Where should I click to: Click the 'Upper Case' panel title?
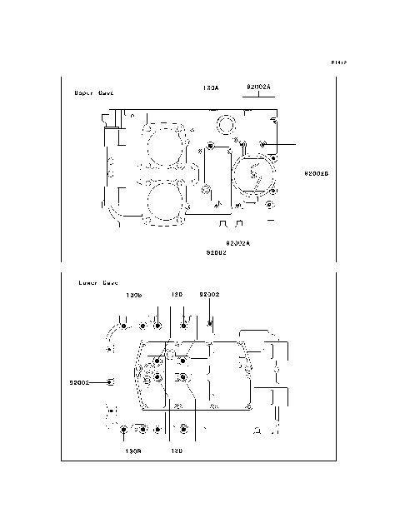click(94, 93)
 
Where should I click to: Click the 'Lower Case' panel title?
click(98, 283)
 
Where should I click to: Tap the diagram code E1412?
click(337, 62)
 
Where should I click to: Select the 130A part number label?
click(210, 87)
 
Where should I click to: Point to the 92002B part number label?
click(317, 173)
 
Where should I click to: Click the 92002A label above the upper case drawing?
click(259, 87)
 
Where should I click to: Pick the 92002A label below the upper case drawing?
click(237, 242)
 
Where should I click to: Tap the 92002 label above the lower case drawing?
click(209, 295)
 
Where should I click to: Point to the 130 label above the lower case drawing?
click(177, 295)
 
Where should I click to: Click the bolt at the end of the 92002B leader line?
click(263, 145)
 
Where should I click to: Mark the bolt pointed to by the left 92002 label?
click(112, 382)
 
